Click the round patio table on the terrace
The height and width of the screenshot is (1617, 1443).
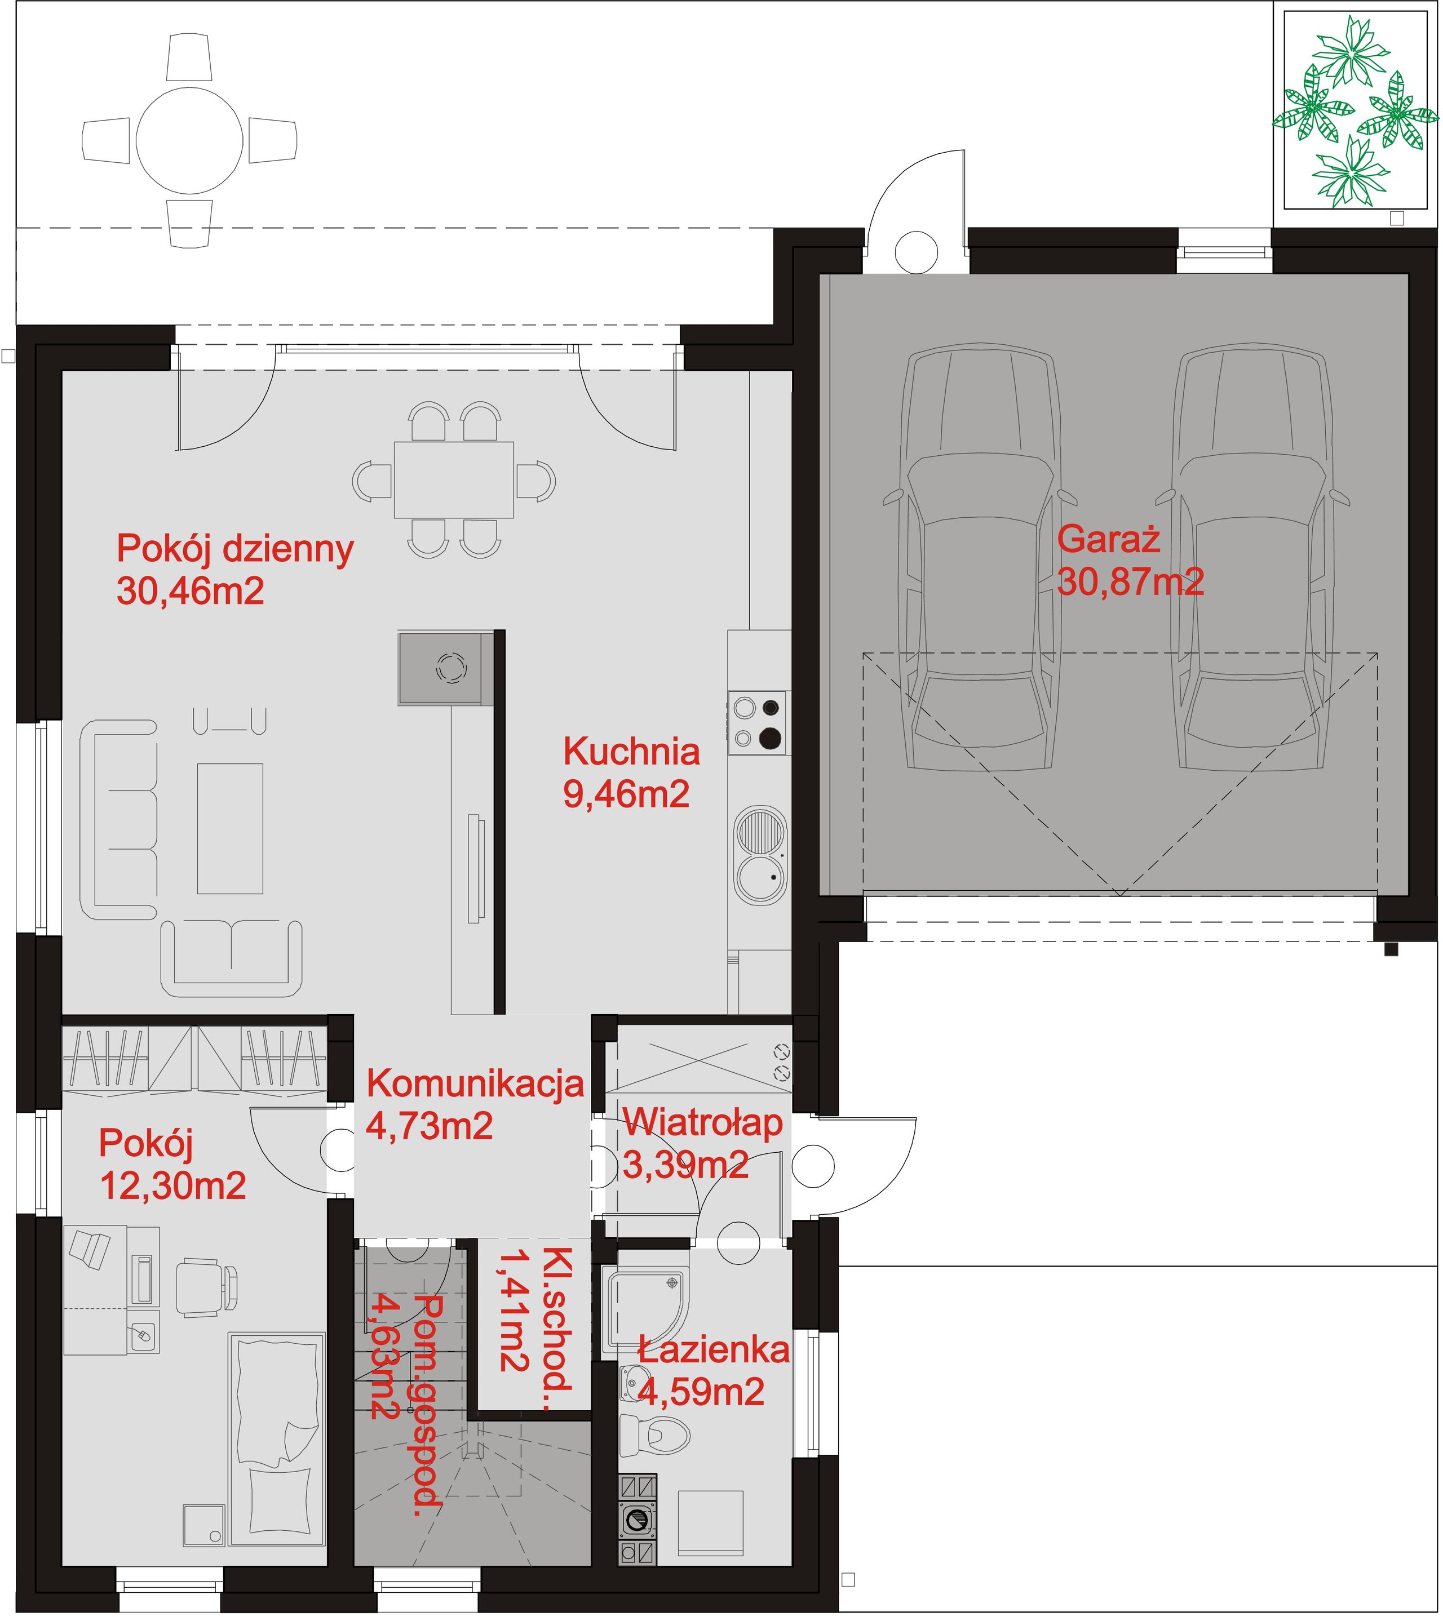[189, 140]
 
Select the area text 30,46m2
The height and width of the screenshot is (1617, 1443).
[191, 590]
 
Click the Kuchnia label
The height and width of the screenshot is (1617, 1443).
[632, 752]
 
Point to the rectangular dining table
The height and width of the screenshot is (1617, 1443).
[454, 479]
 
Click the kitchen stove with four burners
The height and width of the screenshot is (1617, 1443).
[759, 722]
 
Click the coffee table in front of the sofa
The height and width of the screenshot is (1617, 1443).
[230, 828]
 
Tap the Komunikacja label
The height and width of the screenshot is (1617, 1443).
[475, 1083]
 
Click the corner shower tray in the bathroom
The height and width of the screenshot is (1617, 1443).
[645, 1309]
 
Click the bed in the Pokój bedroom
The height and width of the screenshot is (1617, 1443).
[277, 1437]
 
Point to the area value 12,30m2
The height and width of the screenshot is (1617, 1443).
[173, 1186]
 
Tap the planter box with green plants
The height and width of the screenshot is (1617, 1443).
[1356, 110]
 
